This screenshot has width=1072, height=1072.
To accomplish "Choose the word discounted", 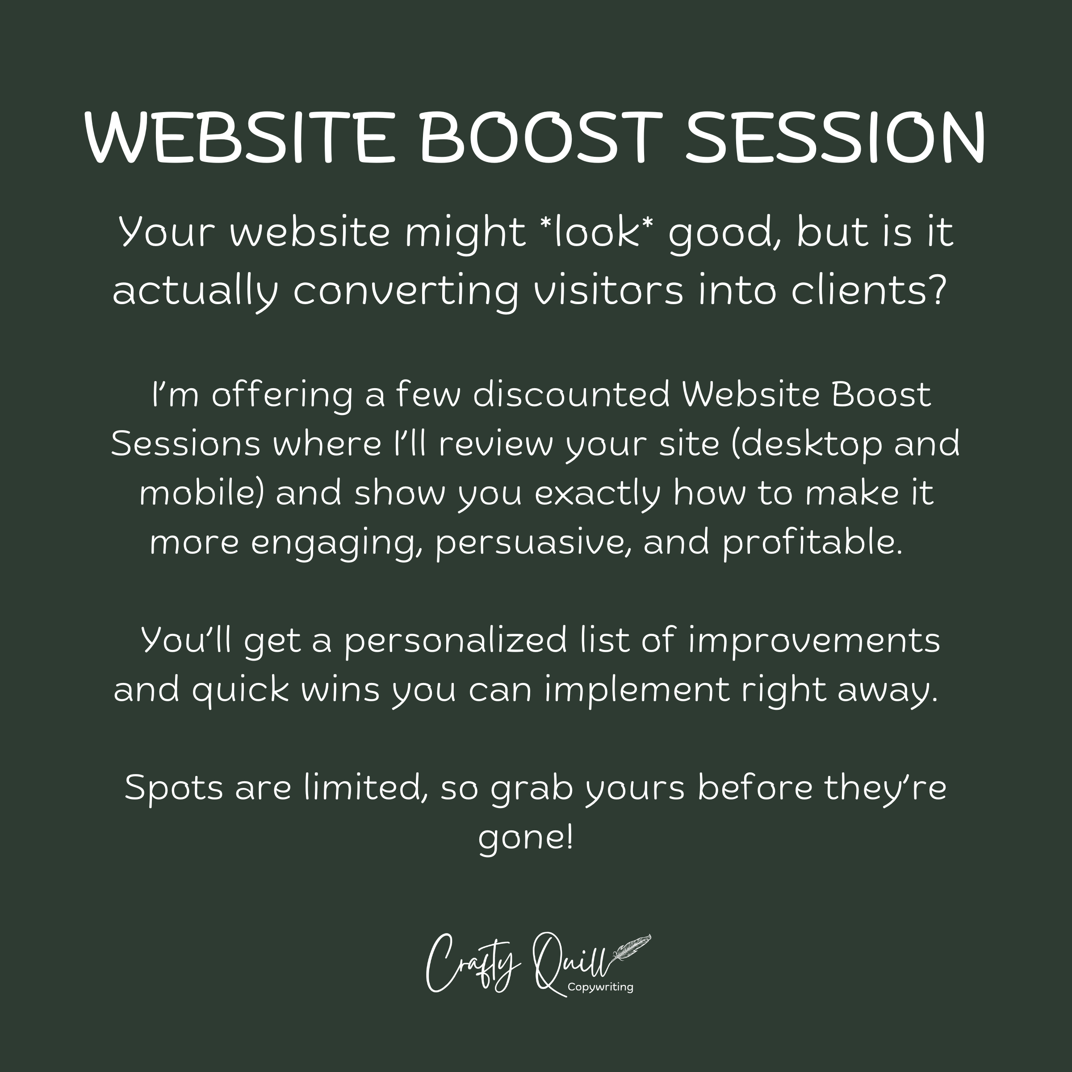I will tap(572, 395).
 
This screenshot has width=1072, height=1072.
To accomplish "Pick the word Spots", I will tap(174, 788).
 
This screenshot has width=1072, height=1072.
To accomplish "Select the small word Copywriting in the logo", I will tap(600, 987).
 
